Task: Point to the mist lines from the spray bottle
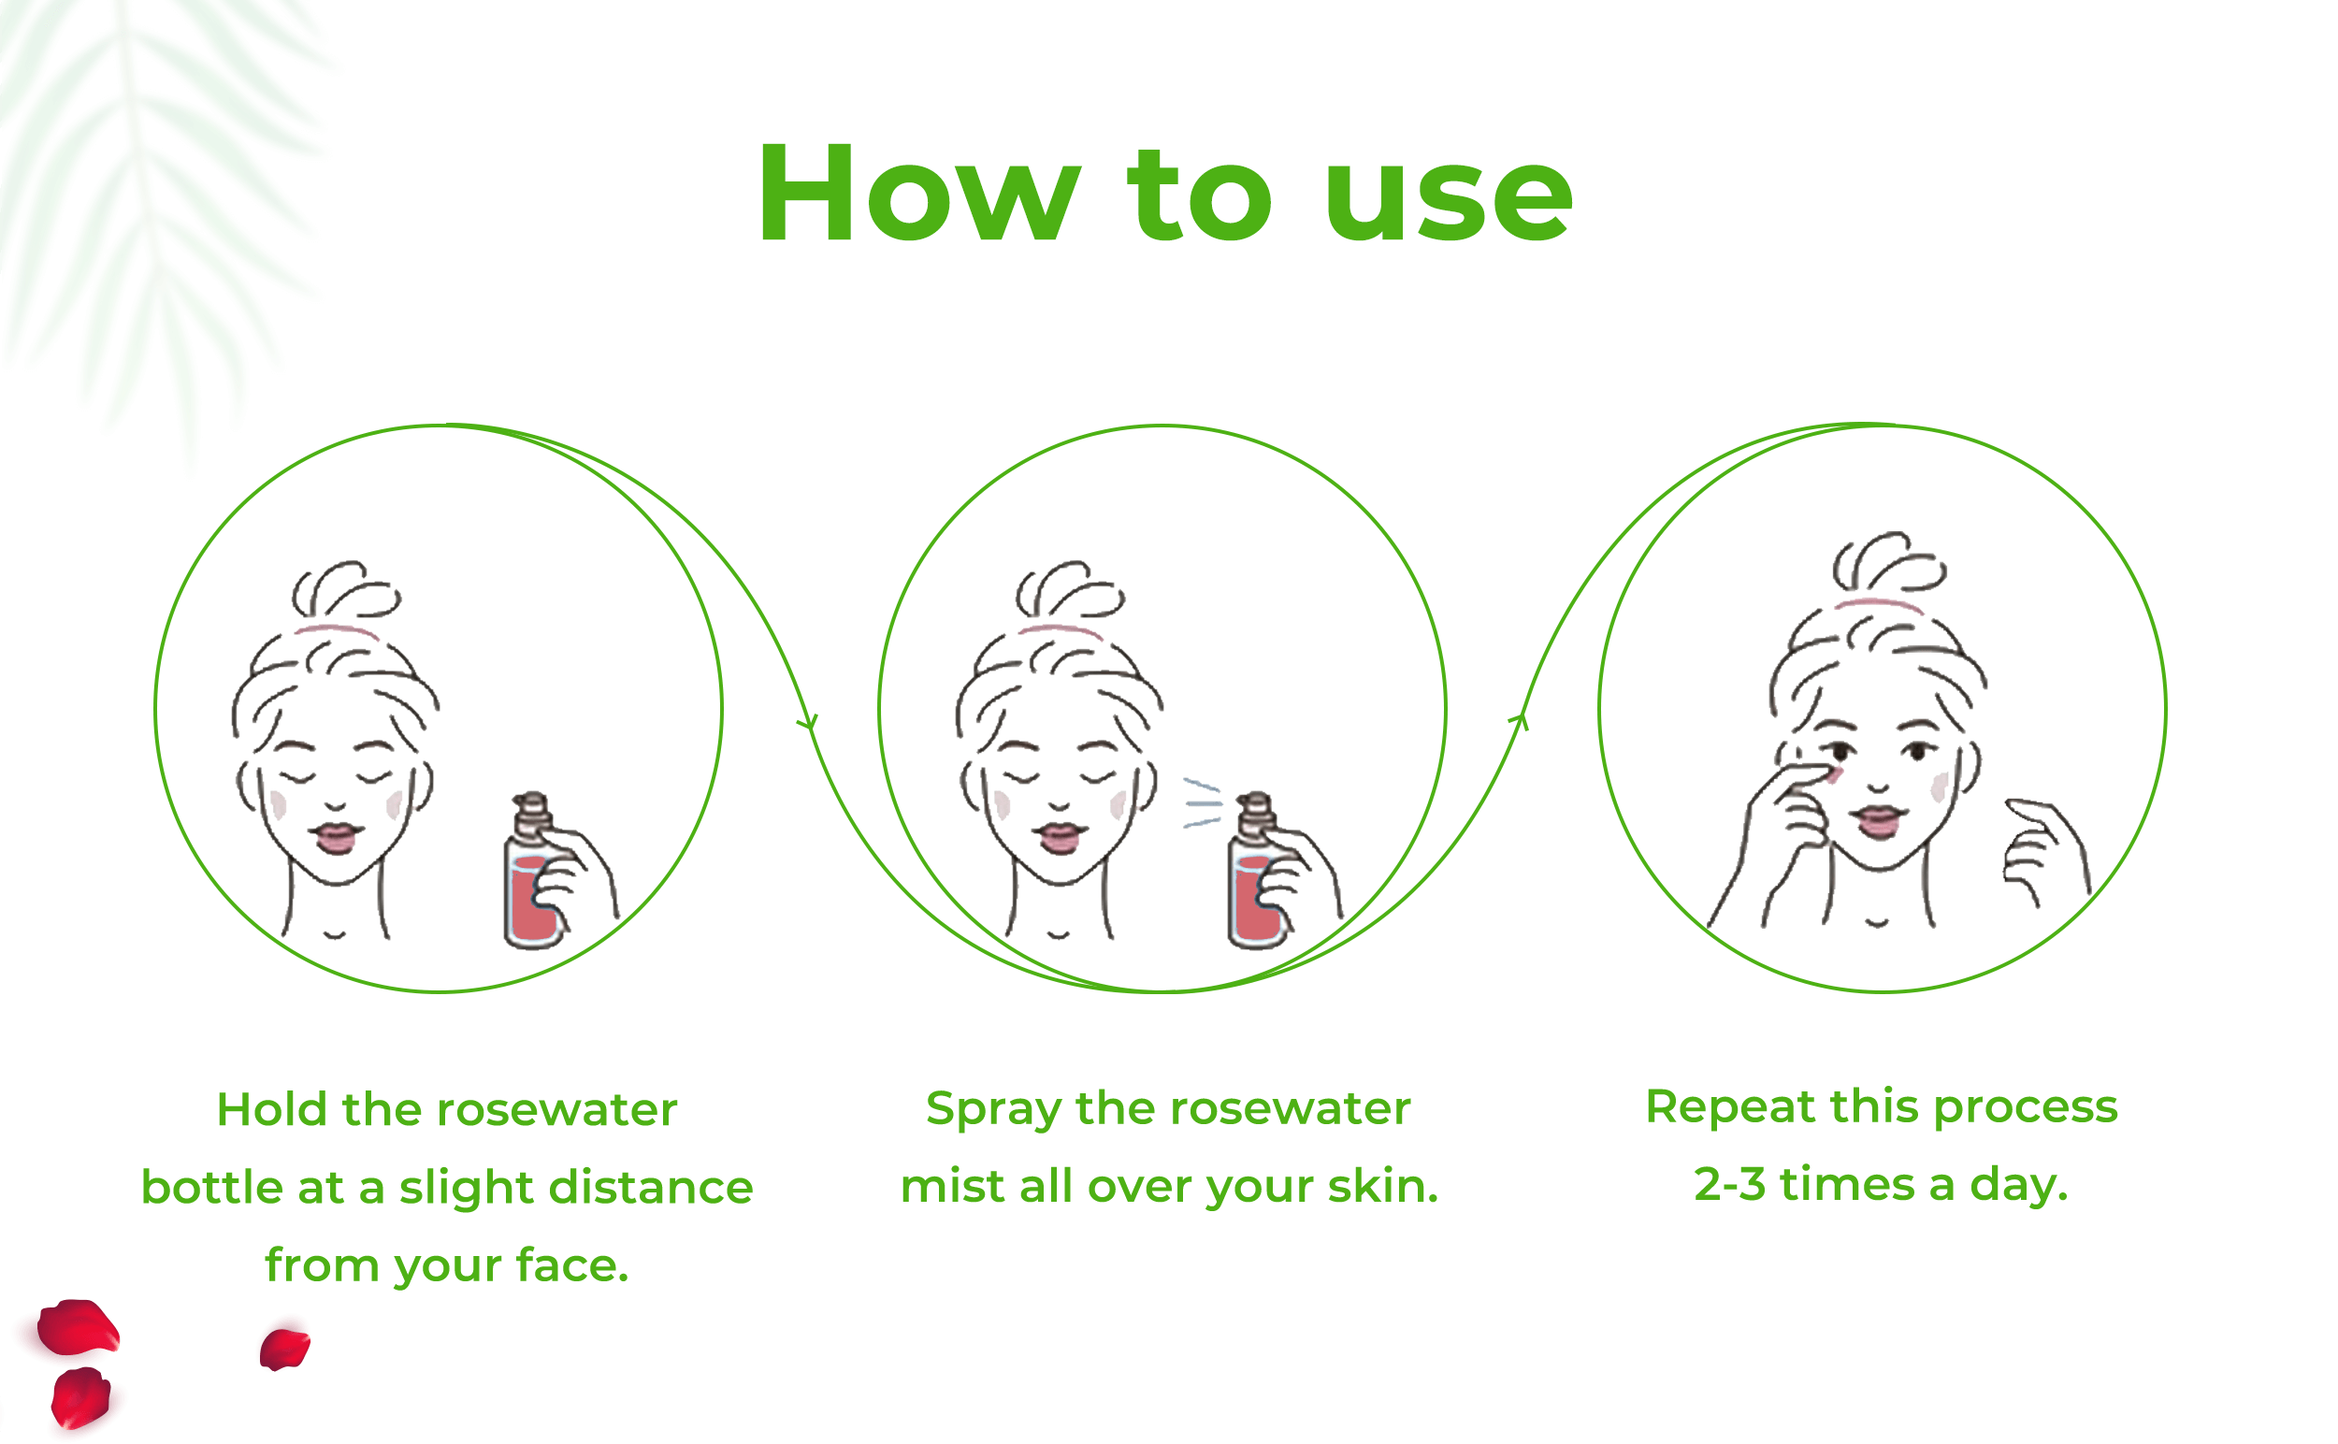coord(1202,802)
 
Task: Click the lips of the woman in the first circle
coord(335,837)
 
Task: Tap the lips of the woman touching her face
coord(1878,819)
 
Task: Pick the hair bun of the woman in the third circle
coord(1888,562)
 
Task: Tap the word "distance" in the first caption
coord(651,1188)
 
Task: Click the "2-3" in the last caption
coord(1729,1185)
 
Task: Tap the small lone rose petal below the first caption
coord(284,1350)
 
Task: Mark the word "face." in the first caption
coord(572,1265)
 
